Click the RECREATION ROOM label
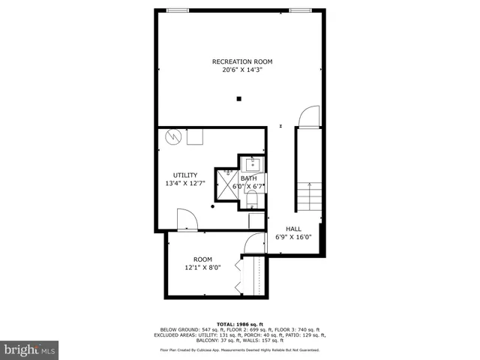tap(241, 61)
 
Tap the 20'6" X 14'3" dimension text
tap(241, 70)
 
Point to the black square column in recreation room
tap(239, 98)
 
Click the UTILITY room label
tap(184, 175)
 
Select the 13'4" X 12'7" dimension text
tap(184, 184)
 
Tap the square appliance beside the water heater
tap(196, 136)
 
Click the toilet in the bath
tap(253, 198)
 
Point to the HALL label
tap(294, 229)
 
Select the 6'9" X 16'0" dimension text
tap(294, 238)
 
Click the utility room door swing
tap(186, 220)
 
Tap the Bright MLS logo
tap(30, 349)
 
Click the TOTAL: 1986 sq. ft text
tap(240, 322)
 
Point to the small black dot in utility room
tap(213, 205)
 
